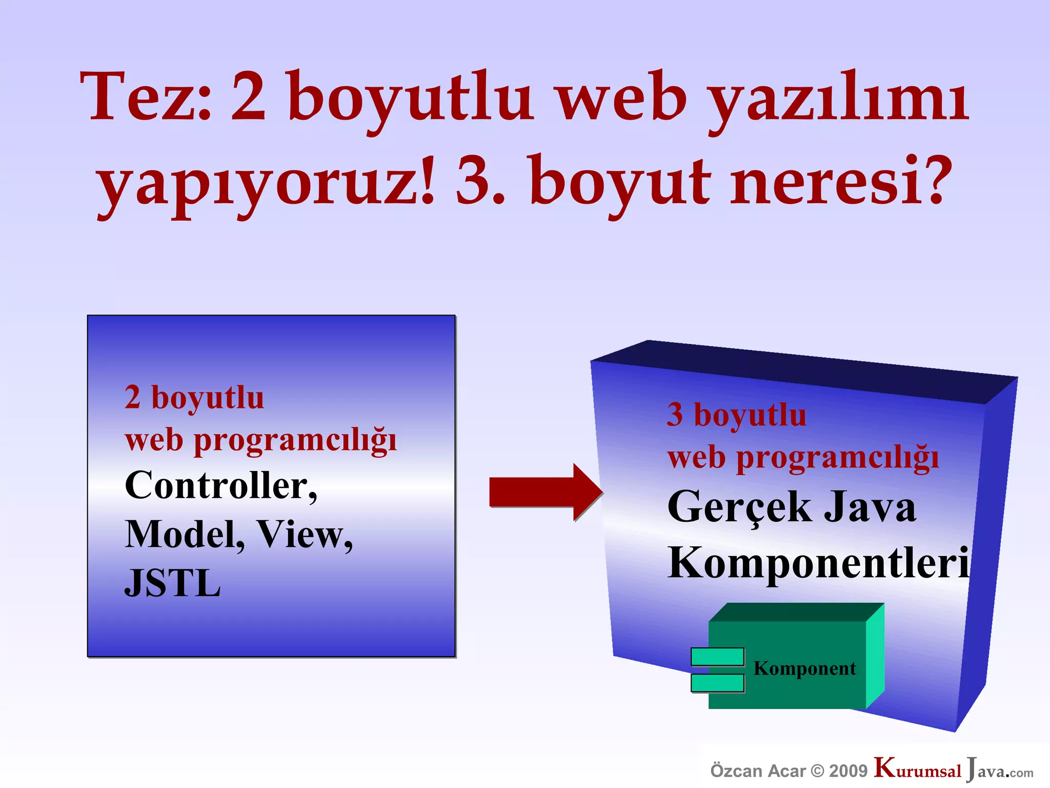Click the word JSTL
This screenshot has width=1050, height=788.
click(x=173, y=584)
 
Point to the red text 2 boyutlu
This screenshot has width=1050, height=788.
click(x=194, y=398)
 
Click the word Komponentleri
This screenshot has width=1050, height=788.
click(x=818, y=563)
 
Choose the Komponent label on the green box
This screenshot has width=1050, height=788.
click(x=804, y=668)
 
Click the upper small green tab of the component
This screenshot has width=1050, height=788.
click(x=717, y=657)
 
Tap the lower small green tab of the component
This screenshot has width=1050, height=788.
click(x=717, y=683)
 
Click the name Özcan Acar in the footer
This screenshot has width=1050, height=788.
click(x=758, y=771)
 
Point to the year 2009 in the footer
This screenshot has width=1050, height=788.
click(x=848, y=771)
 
